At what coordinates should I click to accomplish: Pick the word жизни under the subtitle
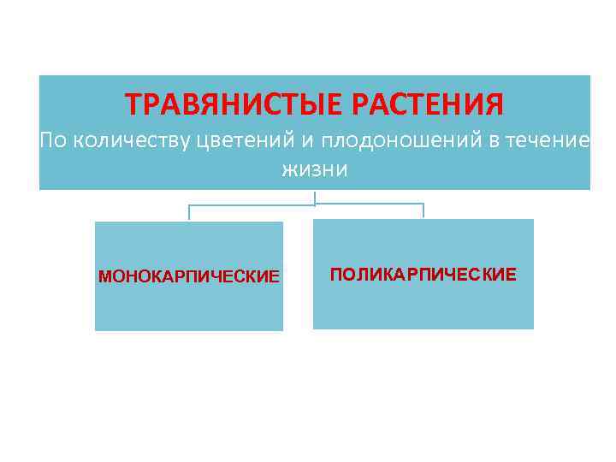pos(315,169)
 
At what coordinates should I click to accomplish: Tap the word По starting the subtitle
pos(53,140)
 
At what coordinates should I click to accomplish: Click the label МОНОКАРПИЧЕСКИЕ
pos(189,277)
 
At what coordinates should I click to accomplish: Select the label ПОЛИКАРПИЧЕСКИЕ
pos(423,275)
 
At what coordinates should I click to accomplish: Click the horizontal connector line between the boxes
pos(257,204)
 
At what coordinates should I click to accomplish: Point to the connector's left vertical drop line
pos(189,212)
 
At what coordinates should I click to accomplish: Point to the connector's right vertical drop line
pos(423,210)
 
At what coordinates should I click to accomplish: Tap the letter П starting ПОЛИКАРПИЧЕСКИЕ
pos(335,275)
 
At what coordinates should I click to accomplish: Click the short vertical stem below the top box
pos(315,198)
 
